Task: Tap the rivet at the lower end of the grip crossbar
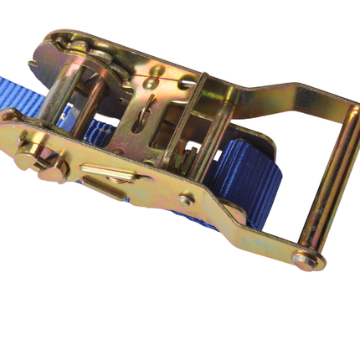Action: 303,260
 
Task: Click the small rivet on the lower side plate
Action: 187,199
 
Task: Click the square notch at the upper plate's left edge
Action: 34,64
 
